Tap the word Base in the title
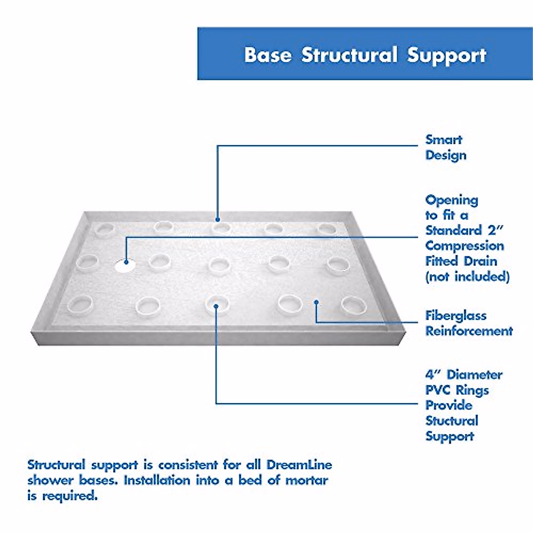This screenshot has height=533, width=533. pos(268,55)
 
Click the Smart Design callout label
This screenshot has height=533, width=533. pos(445,147)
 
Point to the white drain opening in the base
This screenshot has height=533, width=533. pos(125,265)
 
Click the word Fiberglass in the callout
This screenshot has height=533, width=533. pos(456,316)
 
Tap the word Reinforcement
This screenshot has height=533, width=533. pos(469,331)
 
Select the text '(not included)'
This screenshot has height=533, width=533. pos(467,277)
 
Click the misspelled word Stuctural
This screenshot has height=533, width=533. pos(452,421)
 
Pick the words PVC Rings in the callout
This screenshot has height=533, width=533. pos(457,390)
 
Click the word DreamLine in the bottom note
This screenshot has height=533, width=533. pos(299,465)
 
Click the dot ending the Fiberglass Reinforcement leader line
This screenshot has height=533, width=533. pos(316,302)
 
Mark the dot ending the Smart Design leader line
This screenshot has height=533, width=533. pos(218,219)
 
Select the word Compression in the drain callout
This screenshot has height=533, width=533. pos(465,246)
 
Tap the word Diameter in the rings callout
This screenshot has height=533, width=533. pos(474,375)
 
